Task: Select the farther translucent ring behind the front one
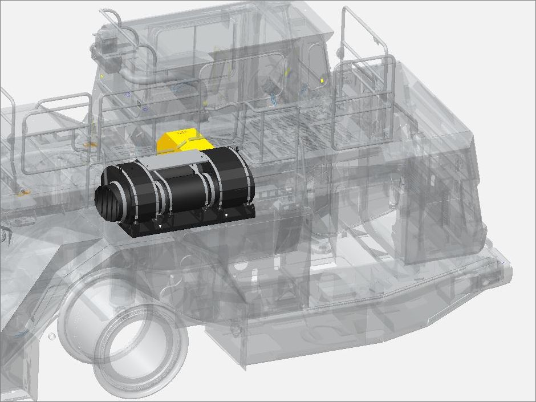pyautogui.click(x=86, y=319)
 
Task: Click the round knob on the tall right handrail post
pyautogui.click(x=340, y=52)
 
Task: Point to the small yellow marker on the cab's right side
pyautogui.click(x=323, y=81)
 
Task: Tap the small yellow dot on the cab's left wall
pyautogui.click(x=102, y=75)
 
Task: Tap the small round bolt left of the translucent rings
pyautogui.click(x=52, y=336)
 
